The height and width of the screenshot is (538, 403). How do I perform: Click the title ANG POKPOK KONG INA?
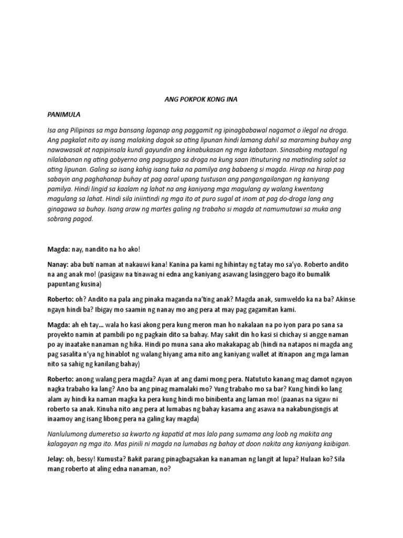point(202,98)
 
